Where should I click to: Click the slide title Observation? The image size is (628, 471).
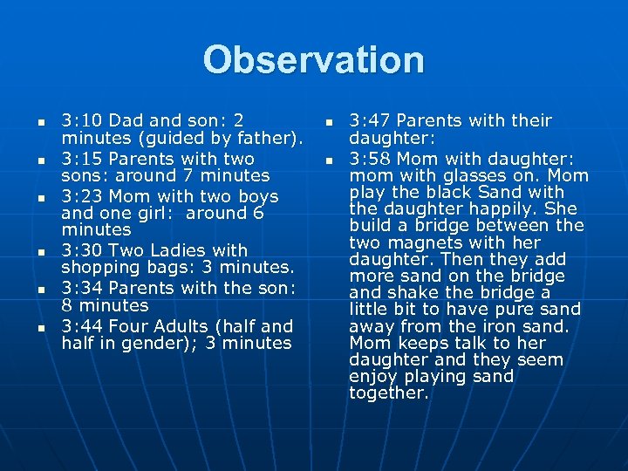[314, 60]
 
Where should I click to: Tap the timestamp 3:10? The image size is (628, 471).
[81, 121]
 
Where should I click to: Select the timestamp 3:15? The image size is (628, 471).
[81, 160]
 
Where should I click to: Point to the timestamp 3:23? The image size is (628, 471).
[81, 197]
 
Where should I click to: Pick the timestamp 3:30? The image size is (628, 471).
[81, 251]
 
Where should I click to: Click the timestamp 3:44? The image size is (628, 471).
[81, 326]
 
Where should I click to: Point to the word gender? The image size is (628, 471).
[166, 344]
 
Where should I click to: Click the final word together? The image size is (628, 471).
[388, 393]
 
